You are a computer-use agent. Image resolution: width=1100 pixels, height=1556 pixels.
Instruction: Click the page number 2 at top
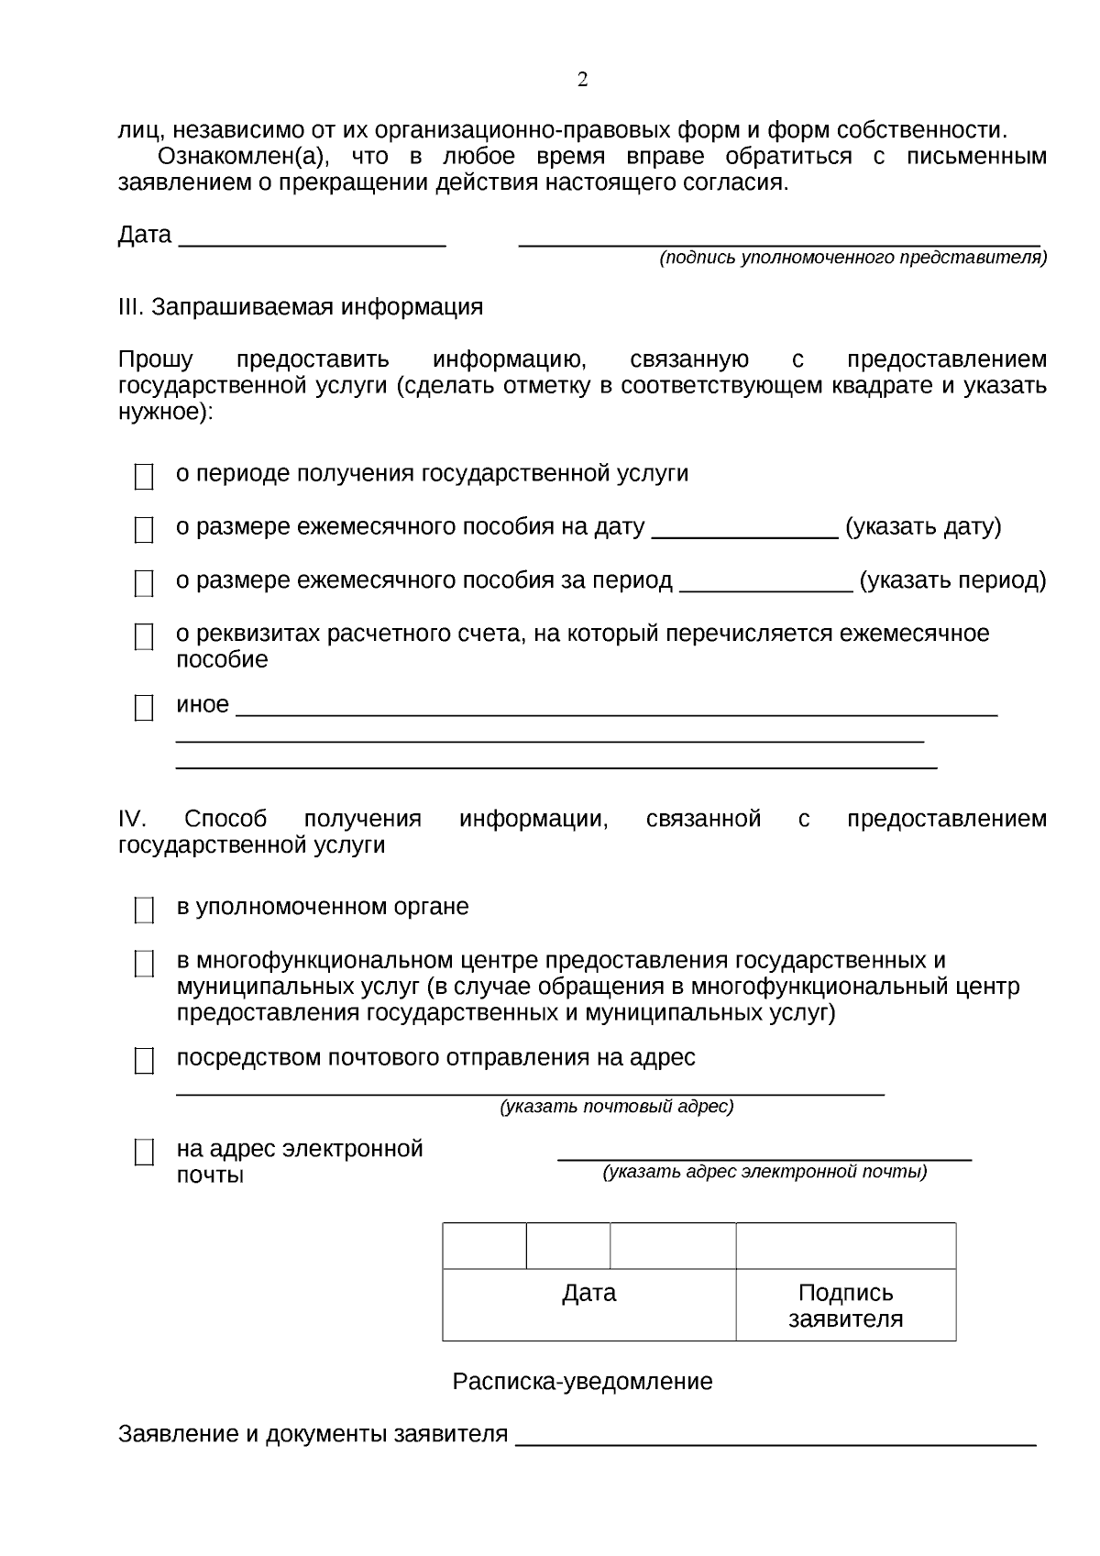point(582,81)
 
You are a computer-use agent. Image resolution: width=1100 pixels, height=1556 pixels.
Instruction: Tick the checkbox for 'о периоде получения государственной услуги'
point(144,477)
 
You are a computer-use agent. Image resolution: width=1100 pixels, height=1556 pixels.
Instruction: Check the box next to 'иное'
point(144,708)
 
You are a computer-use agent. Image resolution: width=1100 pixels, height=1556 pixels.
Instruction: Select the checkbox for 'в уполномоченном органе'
point(144,910)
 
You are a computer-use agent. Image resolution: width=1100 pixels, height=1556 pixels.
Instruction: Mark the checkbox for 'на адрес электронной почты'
point(144,1153)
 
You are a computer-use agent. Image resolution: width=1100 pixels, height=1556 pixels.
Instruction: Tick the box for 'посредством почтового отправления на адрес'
point(144,1062)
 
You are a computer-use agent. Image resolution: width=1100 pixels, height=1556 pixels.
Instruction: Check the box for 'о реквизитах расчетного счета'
point(144,637)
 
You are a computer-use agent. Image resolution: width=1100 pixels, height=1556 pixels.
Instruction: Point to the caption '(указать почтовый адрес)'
point(616,1107)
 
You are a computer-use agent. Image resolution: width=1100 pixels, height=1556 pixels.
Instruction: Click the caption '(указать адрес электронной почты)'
point(764,1172)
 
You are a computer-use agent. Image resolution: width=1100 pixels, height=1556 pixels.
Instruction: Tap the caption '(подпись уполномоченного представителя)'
point(852,259)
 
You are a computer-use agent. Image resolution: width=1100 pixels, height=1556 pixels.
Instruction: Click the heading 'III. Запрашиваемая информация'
point(301,306)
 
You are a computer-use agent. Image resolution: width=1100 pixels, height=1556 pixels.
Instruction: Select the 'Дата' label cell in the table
point(588,1294)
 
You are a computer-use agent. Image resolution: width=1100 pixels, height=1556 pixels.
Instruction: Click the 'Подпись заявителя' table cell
point(845,1306)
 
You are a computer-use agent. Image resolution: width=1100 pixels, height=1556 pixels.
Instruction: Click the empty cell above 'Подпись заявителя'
point(845,1246)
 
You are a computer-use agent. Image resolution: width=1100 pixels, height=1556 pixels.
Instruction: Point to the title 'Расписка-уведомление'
point(582,1382)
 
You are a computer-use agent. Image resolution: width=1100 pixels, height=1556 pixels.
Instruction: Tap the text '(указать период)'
point(952,580)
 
